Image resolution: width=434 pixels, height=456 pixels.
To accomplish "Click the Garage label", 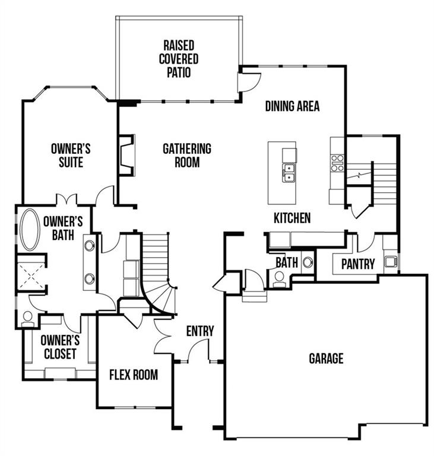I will pos(326,359).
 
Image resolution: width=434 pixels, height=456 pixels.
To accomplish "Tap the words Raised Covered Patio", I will pos(178,59).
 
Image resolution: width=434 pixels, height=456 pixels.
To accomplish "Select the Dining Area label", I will pos(292,106).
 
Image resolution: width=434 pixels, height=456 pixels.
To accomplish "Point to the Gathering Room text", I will pos(187,155).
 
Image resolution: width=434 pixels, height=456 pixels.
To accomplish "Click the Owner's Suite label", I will pos(71,155).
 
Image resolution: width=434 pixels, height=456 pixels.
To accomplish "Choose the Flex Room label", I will pos(134,375).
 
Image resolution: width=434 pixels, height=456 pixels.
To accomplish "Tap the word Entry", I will pos(199,331).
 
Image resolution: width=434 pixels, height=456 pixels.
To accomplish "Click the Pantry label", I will pos(357,264).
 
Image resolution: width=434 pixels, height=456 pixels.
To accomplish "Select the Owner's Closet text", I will pos(59,347).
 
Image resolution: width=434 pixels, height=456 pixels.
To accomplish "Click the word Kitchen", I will pos(292,218).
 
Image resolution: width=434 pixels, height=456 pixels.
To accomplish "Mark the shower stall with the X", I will pos(30,274).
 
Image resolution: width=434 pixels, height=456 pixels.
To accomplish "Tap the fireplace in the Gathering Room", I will pos(126,156).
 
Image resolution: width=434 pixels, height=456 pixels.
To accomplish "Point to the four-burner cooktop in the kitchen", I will pos(337,163).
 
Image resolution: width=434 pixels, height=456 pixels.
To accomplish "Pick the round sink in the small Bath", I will pos(308,261).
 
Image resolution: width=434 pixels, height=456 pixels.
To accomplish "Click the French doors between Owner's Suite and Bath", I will pos(65,200).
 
